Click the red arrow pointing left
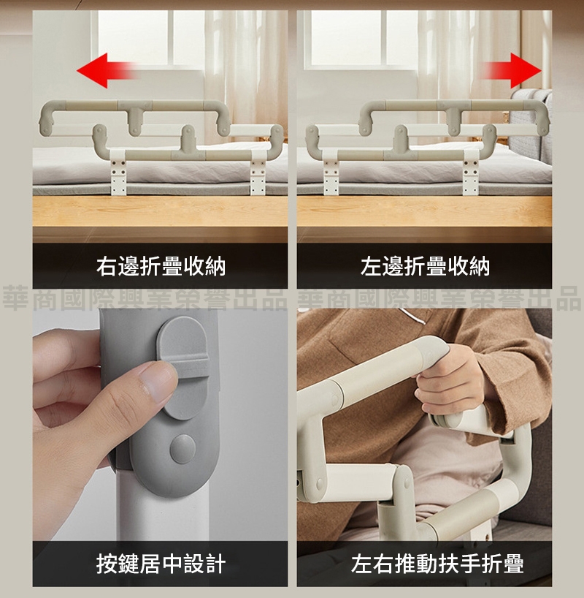pos(107,71)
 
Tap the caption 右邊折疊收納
pos(161,266)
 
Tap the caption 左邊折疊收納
pos(424,266)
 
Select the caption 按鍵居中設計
pos(161,564)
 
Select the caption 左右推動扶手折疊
pos(437,564)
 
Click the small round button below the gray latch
pos(182,449)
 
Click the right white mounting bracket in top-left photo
pos(258,173)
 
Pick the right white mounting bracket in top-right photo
pos(471,173)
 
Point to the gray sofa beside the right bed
pos(531,126)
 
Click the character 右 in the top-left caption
pos(107,266)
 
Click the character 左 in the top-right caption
pos(370,266)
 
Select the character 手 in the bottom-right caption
pos(469,564)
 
